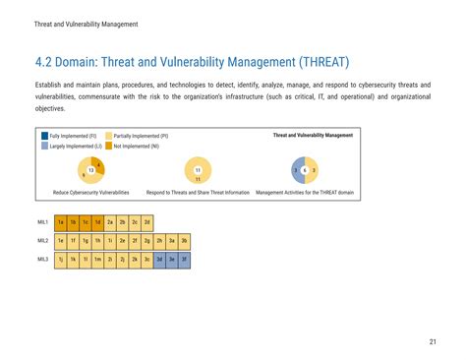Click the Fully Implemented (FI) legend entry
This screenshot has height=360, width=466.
point(73,135)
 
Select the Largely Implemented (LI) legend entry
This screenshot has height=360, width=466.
point(75,145)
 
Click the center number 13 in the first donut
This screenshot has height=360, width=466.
point(91,170)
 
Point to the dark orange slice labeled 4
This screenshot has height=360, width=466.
point(97,163)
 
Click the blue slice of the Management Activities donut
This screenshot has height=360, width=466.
point(296,170)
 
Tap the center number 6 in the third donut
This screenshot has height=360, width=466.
point(305,170)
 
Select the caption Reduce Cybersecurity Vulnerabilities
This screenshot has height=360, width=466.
point(90,192)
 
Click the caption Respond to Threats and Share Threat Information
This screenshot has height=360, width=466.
point(198,192)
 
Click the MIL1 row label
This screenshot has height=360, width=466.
point(43,222)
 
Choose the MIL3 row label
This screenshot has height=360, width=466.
point(43,259)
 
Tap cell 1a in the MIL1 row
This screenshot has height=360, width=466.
point(60,222)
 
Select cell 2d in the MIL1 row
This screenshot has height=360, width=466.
point(146,222)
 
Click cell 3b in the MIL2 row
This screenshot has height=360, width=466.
point(184,240)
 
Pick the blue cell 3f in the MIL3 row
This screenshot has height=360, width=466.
point(184,259)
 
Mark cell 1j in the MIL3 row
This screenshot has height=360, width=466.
point(60,259)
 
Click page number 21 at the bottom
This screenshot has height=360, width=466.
point(432,341)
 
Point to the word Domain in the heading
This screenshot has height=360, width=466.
point(80,63)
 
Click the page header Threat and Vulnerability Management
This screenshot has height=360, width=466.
point(86,23)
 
